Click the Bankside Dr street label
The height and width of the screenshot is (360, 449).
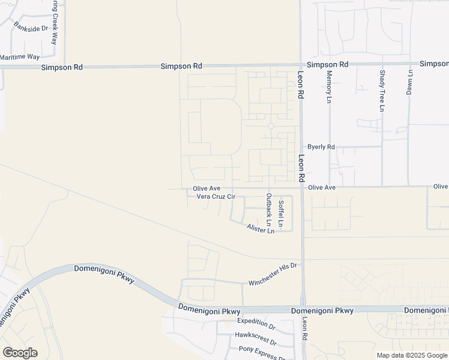(31, 28)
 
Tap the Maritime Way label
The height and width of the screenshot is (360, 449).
(20, 56)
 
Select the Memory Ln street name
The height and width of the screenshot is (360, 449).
(329, 86)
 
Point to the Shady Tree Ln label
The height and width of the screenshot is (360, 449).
(382, 91)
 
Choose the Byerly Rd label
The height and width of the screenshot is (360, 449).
(321, 146)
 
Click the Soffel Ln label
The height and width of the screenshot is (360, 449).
(281, 212)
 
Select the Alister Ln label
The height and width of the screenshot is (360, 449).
(261, 229)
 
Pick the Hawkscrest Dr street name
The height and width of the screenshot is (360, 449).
(256, 339)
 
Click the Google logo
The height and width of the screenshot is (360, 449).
(20, 353)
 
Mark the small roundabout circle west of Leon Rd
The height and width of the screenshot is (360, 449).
(271, 126)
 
